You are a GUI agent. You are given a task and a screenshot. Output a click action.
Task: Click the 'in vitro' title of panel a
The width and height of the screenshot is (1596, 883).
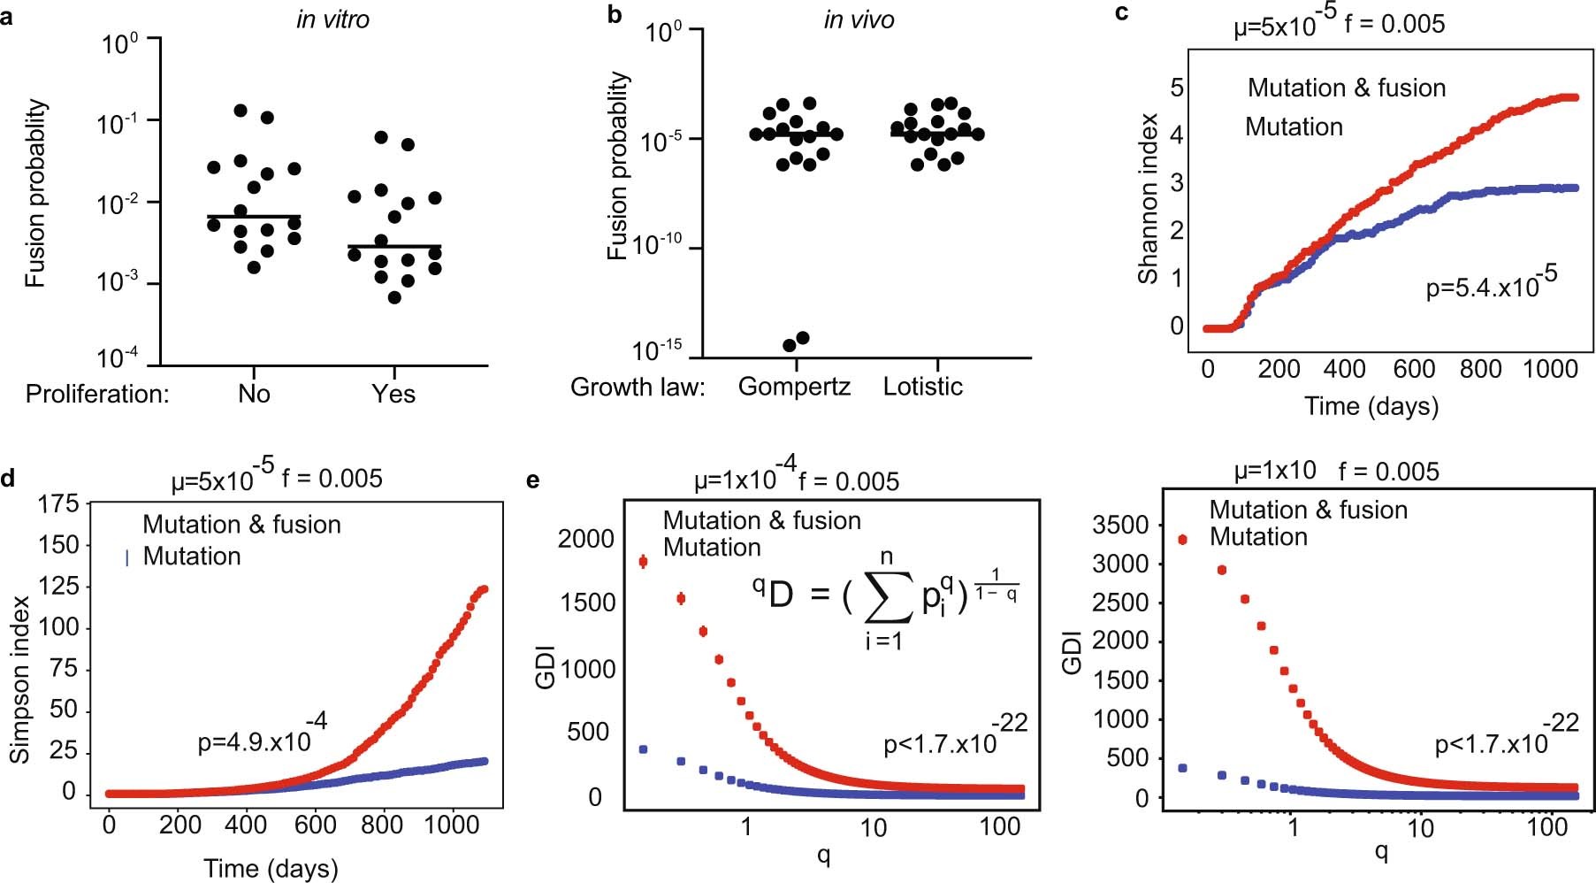(x=332, y=19)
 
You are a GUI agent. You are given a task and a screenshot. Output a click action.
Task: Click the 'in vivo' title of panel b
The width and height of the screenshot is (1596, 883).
(x=859, y=19)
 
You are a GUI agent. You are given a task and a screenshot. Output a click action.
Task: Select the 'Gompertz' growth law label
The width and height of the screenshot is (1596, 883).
(x=794, y=387)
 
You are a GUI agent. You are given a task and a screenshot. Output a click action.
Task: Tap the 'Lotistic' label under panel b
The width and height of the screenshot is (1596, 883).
(x=922, y=387)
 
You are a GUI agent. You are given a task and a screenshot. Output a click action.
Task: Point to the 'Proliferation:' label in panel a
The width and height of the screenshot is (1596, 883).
(x=97, y=394)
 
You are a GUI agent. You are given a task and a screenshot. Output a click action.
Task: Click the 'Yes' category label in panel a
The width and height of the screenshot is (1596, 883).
(x=393, y=394)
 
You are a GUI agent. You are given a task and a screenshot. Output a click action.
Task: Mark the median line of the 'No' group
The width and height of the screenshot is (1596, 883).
(x=253, y=216)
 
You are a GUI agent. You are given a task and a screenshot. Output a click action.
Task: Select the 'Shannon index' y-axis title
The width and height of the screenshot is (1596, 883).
(x=1148, y=198)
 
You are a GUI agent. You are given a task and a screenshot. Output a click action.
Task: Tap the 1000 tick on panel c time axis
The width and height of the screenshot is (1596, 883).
(x=1550, y=369)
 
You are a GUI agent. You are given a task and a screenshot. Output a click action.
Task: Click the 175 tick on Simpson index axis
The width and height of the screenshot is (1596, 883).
(x=59, y=504)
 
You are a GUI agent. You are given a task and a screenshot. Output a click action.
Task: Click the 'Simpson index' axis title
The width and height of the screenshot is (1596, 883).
(x=19, y=679)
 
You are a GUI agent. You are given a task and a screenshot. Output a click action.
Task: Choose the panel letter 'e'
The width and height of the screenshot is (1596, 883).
(x=532, y=480)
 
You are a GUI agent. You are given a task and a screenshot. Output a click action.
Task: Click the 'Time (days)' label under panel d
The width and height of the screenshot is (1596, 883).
(x=271, y=868)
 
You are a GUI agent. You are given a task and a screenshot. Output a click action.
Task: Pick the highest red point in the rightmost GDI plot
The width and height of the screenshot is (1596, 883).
(x=1183, y=540)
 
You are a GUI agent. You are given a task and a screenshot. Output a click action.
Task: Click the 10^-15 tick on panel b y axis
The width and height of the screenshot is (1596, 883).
(x=658, y=351)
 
